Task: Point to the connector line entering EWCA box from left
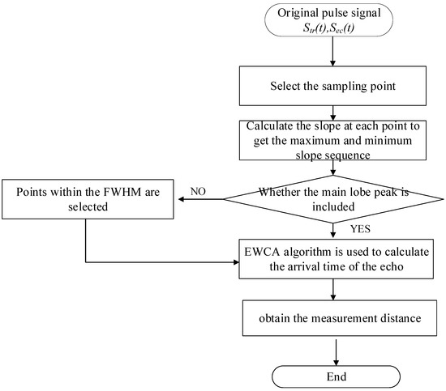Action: pyautogui.click(x=162, y=261)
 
